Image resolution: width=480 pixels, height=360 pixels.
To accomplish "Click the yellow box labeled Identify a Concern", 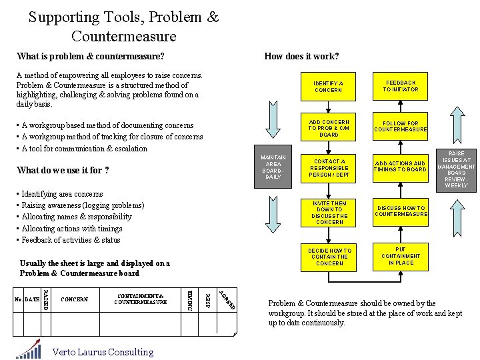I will tap(328, 86).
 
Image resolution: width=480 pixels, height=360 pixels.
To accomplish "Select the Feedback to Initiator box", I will tap(401, 86).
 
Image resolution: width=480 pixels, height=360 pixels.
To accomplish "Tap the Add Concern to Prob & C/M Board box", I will tap(328, 128).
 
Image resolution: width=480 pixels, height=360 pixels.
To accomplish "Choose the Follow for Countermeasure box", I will tap(401, 127).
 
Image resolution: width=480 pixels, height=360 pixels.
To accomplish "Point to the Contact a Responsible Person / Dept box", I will tap(328, 168).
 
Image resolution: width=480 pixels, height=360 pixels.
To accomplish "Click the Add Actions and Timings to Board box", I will tap(401, 167).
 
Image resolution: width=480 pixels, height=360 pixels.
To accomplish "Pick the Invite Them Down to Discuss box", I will tap(328, 212).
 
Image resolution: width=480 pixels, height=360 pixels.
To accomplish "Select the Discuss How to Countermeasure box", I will tap(401, 211).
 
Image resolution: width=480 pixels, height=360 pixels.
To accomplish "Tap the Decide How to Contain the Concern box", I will tap(328, 257).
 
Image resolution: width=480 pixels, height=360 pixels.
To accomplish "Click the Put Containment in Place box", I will tap(401, 256).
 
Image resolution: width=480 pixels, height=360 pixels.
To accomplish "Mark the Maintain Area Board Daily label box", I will tap(273, 167).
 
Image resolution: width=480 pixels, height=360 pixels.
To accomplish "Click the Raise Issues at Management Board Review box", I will tap(457, 169).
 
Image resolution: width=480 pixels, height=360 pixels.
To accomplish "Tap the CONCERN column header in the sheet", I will tap(74, 299).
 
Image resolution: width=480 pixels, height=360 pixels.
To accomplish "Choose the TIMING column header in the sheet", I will tap(189, 300).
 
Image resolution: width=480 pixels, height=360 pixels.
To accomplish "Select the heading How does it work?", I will tap(301, 57).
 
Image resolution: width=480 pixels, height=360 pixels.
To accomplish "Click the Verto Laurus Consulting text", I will tap(103, 352).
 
